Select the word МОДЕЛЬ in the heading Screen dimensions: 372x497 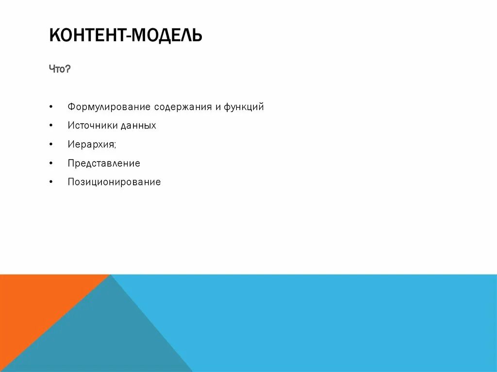(x=166, y=35)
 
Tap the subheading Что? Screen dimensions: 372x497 (x=60, y=69)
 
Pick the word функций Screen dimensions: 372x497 (x=244, y=107)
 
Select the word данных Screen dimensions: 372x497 (x=138, y=126)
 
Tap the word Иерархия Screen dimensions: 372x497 (x=91, y=145)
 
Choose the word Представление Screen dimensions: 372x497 (x=104, y=163)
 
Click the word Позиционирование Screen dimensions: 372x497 (x=114, y=182)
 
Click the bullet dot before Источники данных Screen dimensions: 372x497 (x=51, y=126)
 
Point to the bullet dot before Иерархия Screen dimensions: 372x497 (x=51, y=145)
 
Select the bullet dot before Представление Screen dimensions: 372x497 (x=51, y=163)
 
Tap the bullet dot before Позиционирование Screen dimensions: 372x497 (x=51, y=182)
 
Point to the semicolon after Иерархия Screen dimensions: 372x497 (x=116, y=146)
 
